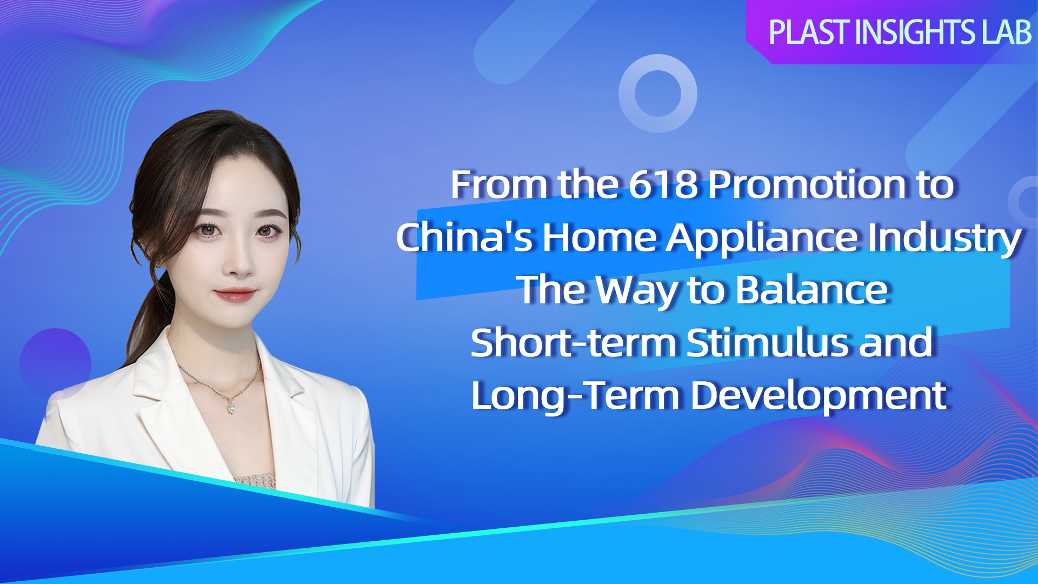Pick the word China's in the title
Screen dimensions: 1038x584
[x=465, y=237]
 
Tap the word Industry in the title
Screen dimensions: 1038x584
[x=944, y=238]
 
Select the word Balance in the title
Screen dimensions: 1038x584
[x=813, y=289]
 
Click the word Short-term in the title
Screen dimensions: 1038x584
[x=574, y=342]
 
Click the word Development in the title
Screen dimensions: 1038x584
[x=819, y=397]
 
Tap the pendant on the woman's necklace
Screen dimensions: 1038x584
[x=231, y=407]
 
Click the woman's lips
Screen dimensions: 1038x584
[x=235, y=294]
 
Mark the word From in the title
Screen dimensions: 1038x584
[x=500, y=184]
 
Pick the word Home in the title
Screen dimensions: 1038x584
[x=600, y=237]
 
